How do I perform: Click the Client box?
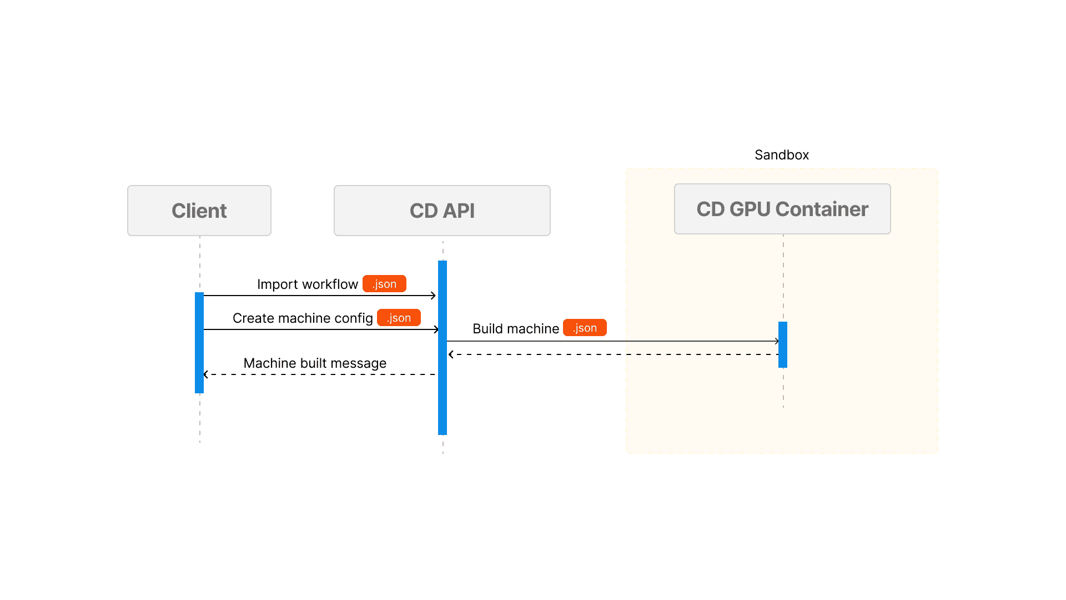(x=199, y=211)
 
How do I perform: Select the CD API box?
(x=442, y=211)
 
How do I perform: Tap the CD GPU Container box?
(x=782, y=209)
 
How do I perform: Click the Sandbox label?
(x=781, y=155)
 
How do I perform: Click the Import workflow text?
(x=307, y=284)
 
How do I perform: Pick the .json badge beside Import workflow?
(x=384, y=284)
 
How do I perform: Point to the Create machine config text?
(x=303, y=318)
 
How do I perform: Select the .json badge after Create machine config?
(x=399, y=318)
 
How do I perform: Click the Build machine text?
(x=515, y=329)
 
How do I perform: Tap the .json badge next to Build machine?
(x=585, y=328)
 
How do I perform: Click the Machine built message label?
(x=315, y=363)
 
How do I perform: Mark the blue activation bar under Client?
(x=199, y=343)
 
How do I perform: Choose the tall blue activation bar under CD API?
(x=443, y=347)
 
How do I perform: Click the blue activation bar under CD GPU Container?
(x=783, y=344)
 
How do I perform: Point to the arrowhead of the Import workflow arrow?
(x=433, y=296)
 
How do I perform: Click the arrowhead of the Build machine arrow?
(x=777, y=341)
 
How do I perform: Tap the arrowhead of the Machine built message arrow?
(x=206, y=374)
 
